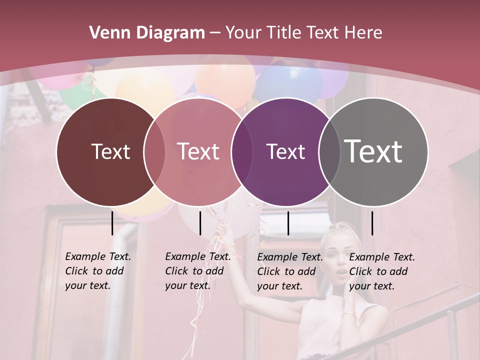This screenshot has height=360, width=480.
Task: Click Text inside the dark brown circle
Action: click(110, 151)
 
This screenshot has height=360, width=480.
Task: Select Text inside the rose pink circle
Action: click(198, 151)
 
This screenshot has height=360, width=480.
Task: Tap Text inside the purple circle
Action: click(285, 151)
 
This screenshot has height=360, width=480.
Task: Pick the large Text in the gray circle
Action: click(373, 151)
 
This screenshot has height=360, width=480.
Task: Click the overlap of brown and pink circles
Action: click(154, 151)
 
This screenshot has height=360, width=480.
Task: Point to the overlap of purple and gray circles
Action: click(329, 151)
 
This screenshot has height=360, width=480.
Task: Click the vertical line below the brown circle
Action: click(112, 223)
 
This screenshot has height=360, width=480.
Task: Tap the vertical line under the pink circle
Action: click(200, 223)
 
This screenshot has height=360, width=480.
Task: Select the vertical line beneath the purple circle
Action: click(288, 223)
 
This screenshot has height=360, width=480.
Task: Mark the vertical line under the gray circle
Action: click(372, 223)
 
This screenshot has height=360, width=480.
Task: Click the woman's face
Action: click(341, 257)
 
